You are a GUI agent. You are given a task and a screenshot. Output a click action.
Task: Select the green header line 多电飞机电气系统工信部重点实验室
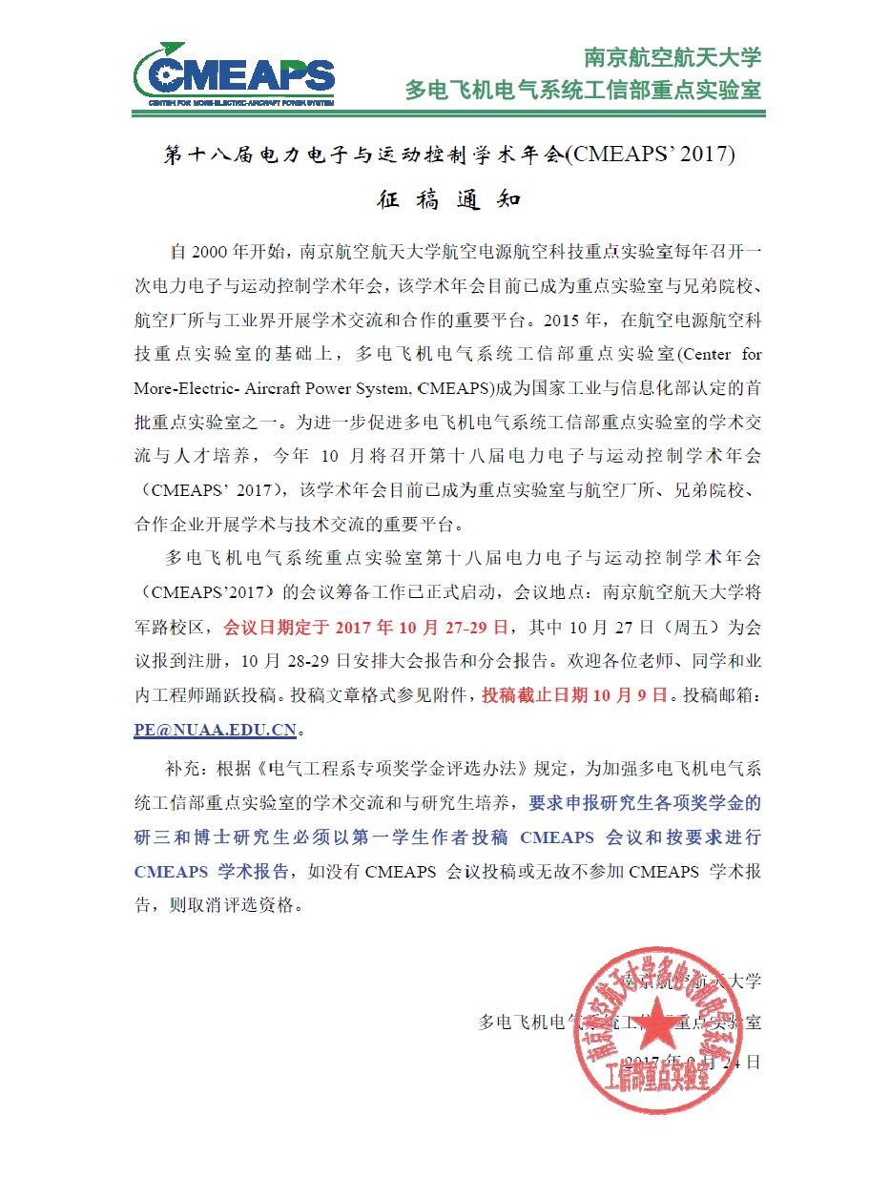coord(583,91)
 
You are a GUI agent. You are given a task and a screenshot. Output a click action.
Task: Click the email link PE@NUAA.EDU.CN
coord(216,730)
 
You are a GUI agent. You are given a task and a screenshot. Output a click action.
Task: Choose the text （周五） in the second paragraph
coord(699,627)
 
